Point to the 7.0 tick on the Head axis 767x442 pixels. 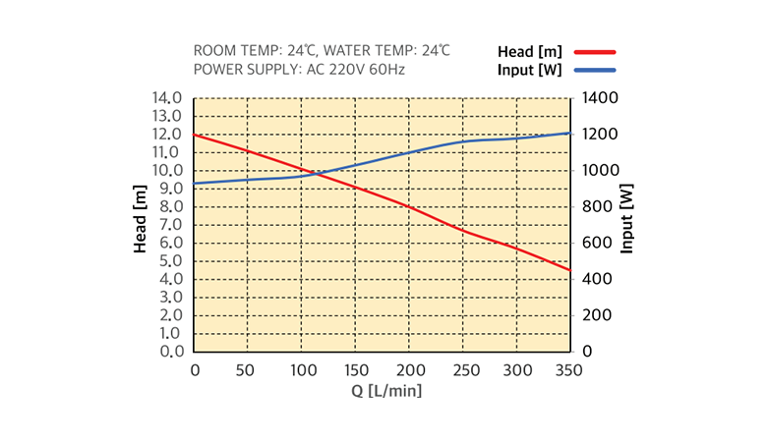pyautogui.click(x=169, y=225)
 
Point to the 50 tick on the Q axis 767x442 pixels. pyautogui.click(x=248, y=370)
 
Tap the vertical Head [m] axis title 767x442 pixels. pyautogui.click(x=141, y=225)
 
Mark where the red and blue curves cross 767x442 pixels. pyautogui.click(x=314, y=174)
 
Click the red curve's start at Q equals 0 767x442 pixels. pyautogui.click(x=195, y=135)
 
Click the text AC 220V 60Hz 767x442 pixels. pyautogui.click(x=356, y=70)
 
